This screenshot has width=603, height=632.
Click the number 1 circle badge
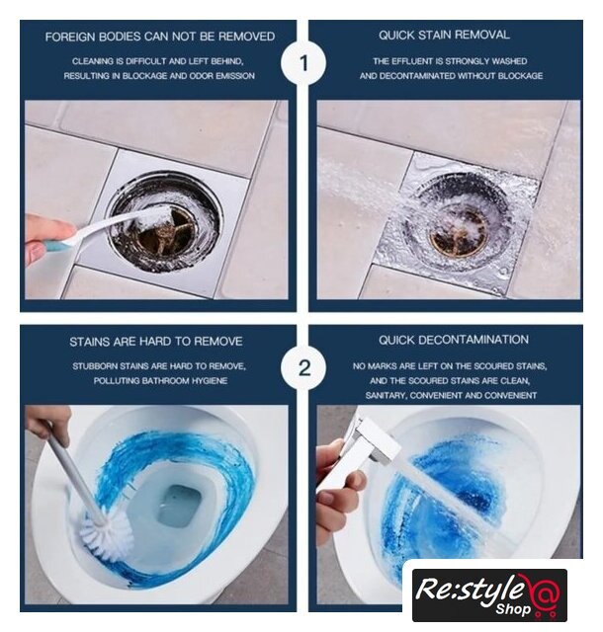303,63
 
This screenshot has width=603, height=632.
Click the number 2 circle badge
303,368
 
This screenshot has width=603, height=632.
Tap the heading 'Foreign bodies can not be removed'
160,37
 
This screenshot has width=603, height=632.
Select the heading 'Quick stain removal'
444,35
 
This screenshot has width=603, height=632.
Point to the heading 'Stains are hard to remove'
156,342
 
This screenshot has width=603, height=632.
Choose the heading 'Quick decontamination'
454,340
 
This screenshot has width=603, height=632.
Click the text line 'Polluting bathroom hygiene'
160,381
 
